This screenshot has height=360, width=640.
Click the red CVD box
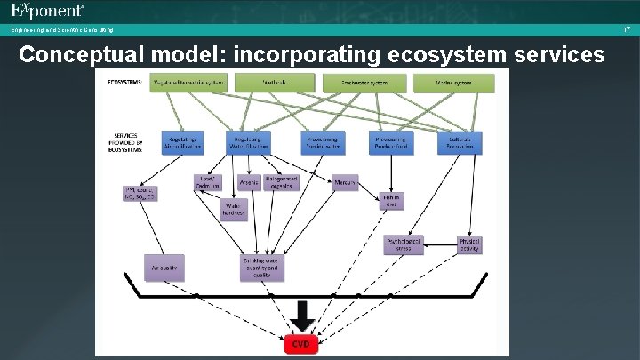301,343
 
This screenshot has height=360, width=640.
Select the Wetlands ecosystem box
275,83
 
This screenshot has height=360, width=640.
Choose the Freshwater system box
366,83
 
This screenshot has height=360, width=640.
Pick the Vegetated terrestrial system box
188,83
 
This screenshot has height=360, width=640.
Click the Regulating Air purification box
182,142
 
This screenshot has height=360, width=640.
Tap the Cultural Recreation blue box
459,142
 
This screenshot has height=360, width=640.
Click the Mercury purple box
345,183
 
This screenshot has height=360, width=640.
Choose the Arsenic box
249,183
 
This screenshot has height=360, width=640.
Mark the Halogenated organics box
282,183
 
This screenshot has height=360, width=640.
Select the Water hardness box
234,210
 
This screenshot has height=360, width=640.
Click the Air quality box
164,265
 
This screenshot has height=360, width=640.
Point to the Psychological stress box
404,244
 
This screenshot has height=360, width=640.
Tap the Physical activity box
469,244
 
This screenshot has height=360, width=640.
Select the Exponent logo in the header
48,12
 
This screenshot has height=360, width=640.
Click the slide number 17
627,30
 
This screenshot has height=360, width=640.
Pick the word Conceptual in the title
74,54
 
